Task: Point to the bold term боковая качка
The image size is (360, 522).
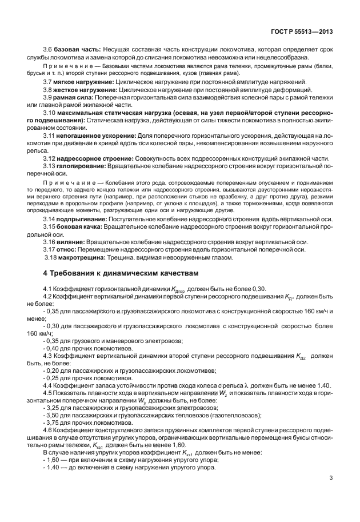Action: [79, 226]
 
